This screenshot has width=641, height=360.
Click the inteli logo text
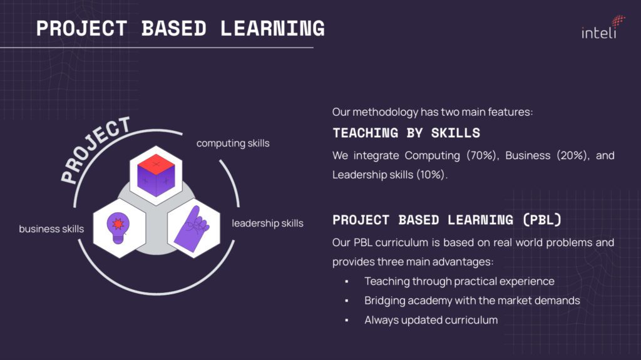(598, 32)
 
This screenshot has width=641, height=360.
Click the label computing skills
(233, 143)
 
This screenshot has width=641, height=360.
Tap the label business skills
(51, 229)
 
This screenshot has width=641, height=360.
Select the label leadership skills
(267, 223)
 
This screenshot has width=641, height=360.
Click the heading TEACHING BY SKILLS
(406, 133)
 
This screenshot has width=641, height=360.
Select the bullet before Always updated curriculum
(346, 320)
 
